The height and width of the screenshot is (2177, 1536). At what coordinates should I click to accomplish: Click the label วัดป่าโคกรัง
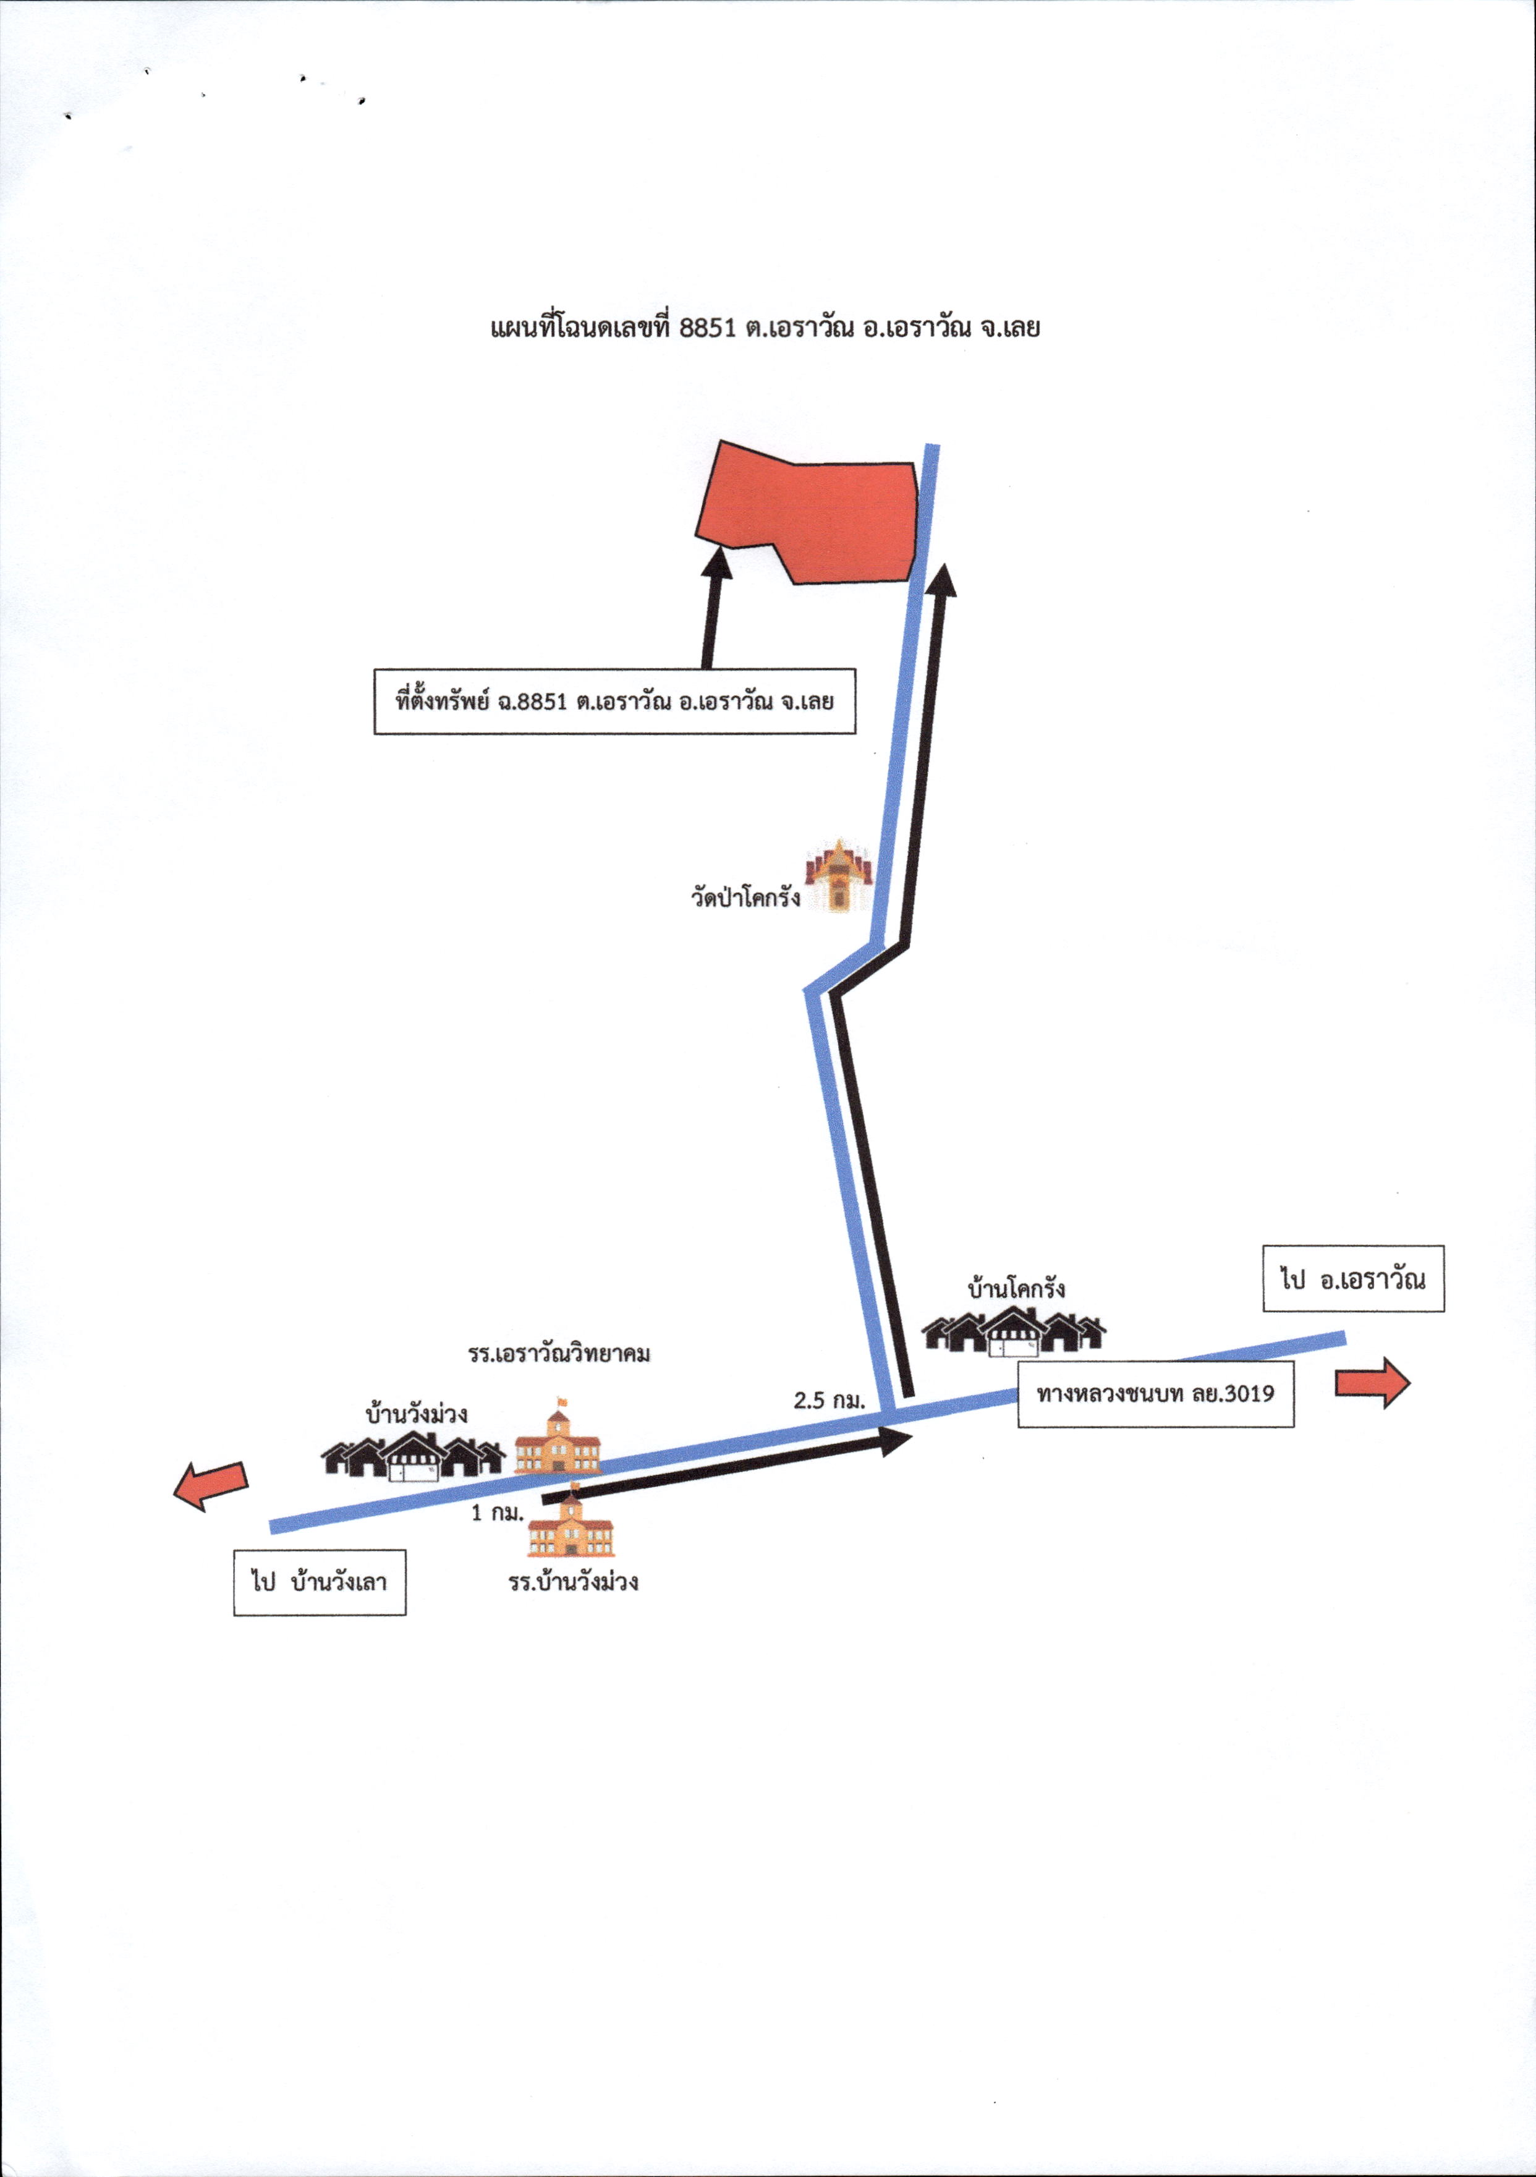pyautogui.click(x=745, y=896)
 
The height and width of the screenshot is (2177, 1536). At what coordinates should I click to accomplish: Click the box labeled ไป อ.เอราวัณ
pyautogui.click(x=1353, y=1279)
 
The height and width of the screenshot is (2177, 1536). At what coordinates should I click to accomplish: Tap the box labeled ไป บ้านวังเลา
pyautogui.click(x=320, y=1582)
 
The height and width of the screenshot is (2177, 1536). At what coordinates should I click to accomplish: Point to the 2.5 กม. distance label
pyautogui.click(x=830, y=1399)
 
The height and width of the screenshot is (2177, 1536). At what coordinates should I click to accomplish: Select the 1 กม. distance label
pyautogui.click(x=498, y=1513)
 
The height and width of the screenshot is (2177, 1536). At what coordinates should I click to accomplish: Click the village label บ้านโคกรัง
pyautogui.click(x=1016, y=1288)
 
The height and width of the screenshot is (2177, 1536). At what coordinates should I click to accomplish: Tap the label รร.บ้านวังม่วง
pyautogui.click(x=573, y=1581)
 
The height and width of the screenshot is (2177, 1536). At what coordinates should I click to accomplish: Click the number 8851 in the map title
pyautogui.click(x=708, y=328)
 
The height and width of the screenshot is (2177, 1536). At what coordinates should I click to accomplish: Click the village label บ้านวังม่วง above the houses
pyautogui.click(x=416, y=1413)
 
